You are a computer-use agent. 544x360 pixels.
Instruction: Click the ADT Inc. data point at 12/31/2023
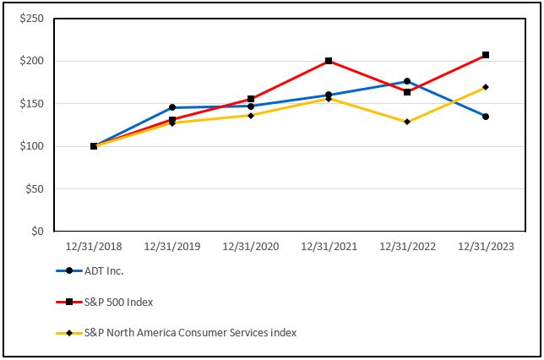486,116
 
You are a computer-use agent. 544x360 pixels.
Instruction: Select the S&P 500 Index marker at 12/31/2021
329,61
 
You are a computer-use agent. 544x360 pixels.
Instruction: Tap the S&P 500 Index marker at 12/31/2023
486,55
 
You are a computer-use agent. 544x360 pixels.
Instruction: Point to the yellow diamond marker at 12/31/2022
407,122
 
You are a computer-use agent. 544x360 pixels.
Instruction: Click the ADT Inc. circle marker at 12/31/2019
172,107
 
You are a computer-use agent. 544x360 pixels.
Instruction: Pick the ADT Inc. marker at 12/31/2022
407,81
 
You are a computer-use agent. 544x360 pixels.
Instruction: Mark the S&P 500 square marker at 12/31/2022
407,91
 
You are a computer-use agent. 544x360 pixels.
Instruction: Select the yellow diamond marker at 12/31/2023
486,87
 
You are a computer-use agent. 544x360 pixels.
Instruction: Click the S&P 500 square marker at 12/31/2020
251,99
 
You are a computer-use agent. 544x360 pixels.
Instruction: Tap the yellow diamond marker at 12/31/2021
329,99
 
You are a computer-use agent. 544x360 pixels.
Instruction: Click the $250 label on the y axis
31,19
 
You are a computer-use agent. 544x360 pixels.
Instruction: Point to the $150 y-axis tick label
31,104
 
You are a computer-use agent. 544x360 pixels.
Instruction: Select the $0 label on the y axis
37,232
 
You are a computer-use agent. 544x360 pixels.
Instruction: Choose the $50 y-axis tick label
34,189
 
